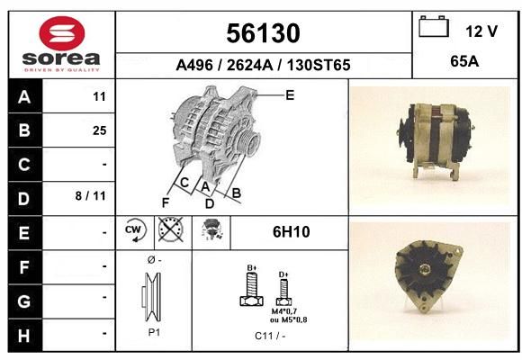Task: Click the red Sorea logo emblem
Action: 62,33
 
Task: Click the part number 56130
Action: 263,33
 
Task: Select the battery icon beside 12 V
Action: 434,26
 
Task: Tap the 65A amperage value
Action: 464,61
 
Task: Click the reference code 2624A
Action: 249,65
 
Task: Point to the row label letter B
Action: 24,130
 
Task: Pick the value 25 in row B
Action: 100,130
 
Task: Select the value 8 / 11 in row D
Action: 91,196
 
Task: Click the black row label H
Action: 24,336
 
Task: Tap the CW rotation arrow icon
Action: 135,229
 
